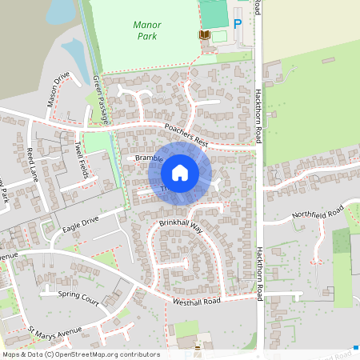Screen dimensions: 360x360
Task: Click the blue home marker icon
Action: tap(180, 172)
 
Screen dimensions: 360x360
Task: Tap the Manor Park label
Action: tap(146, 30)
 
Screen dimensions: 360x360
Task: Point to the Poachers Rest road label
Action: tap(186, 135)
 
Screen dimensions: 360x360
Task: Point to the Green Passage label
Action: tap(101, 99)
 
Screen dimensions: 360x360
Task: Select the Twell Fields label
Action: tap(79, 159)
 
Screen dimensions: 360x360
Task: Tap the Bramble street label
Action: tap(149, 159)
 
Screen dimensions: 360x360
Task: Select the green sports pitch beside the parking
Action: tap(213, 14)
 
